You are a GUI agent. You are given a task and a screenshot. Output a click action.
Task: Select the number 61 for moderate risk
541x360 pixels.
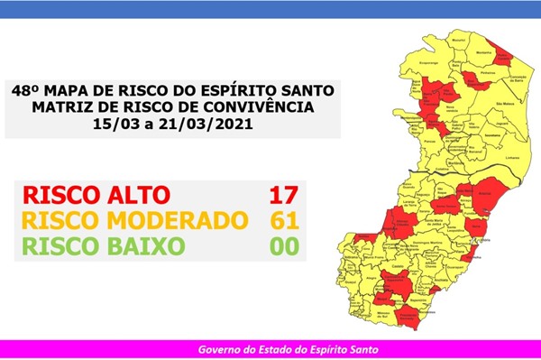pos(282,220)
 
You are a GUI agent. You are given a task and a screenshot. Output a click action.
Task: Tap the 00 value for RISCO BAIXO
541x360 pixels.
pos(282,245)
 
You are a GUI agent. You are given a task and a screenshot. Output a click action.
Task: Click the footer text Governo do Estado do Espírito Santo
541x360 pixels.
pos(270,349)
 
